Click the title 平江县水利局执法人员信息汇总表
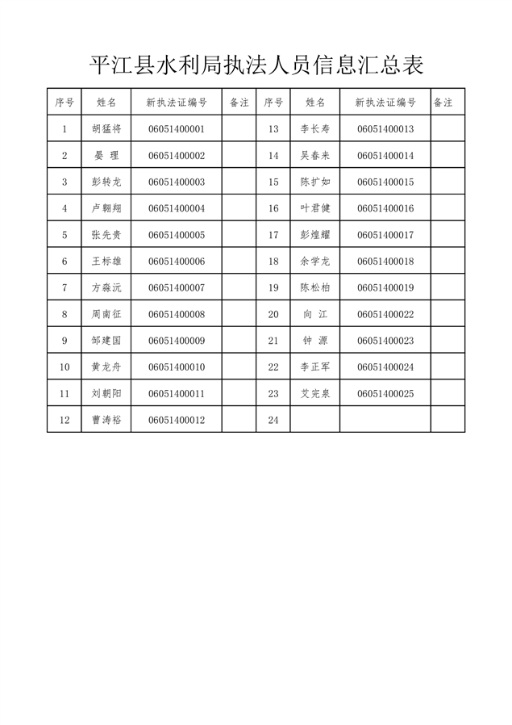(x=256, y=65)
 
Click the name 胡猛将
(x=106, y=129)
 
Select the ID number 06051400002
(x=177, y=156)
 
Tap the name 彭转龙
(x=106, y=182)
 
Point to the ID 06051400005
(x=177, y=235)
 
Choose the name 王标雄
(x=106, y=262)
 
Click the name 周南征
(x=106, y=314)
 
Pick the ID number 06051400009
(x=177, y=341)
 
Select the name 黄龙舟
(x=106, y=367)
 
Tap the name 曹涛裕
(x=106, y=420)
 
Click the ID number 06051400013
(x=385, y=129)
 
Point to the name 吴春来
(x=315, y=156)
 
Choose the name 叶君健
(x=315, y=208)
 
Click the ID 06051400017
(x=385, y=235)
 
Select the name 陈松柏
(x=315, y=288)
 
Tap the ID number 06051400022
(x=385, y=314)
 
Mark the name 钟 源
(x=315, y=341)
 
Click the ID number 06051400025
(x=385, y=393)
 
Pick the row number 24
(x=273, y=420)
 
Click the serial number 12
(x=65, y=420)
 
